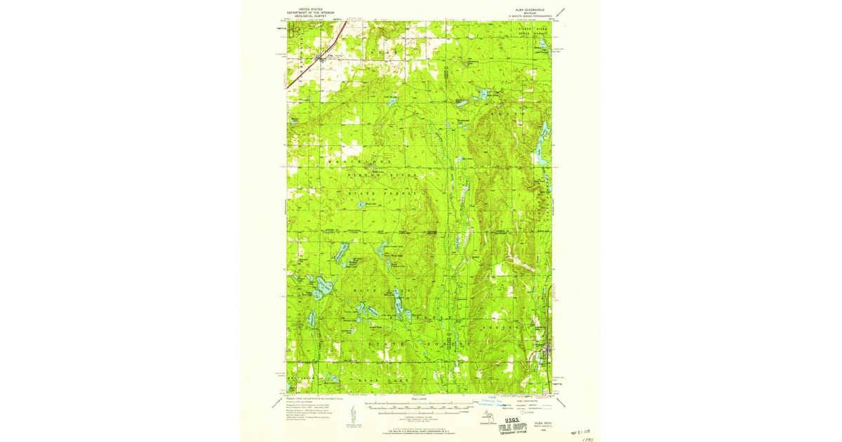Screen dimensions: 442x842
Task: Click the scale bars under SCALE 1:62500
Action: [x=419, y=408]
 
